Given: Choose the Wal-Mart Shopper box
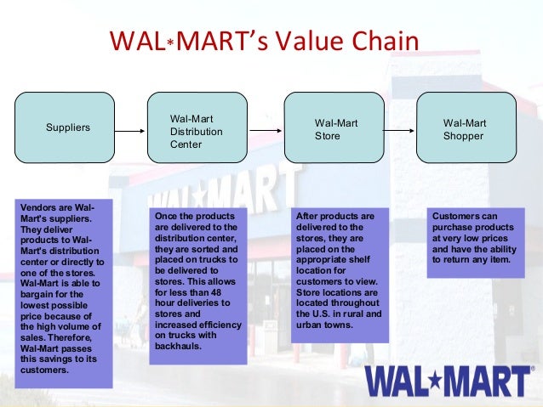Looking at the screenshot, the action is pyautogui.click(x=466, y=127).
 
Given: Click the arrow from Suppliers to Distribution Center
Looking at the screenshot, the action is pyautogui.click(x=129, y=131).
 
